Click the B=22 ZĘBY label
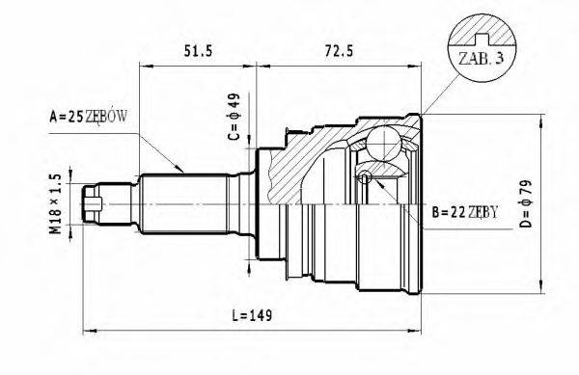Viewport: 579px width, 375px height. (x=465, y=211)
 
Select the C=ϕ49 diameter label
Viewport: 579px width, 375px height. (x=234, y=116)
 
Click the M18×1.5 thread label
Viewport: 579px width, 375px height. (x=56, y=203)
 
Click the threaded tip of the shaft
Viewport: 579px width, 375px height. (x=94, y=204)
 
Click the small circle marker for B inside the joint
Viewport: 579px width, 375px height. (x=364, y=177)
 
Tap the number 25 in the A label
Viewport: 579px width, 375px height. (x=75, y=118)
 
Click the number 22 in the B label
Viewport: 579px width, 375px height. (x=454, y=211)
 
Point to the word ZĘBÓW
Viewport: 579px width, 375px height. (x=107, y=118)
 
